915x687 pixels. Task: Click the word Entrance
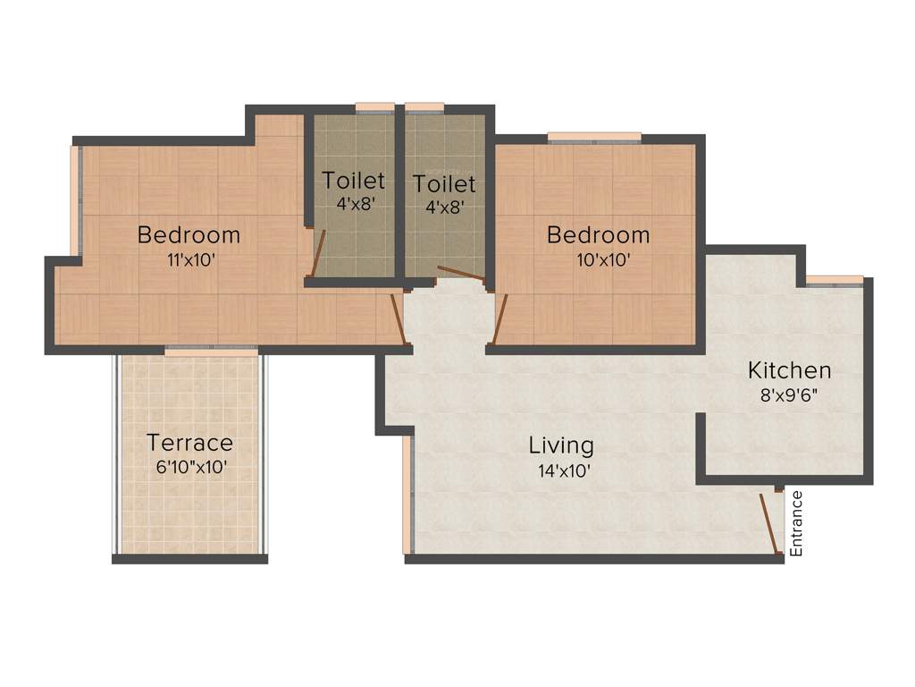(x=796, y=523)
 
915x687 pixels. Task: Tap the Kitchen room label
(x=789, y=370)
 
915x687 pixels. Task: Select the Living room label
(x=560, y=445)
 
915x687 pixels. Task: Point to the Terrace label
(x=189, y=443)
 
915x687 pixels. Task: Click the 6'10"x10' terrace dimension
(x=189, y=466)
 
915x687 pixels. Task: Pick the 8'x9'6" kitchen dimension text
(x=789, y=393)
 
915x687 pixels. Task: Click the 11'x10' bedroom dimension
(x=189, y=260)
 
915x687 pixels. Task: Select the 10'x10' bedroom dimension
(x=598, y=260)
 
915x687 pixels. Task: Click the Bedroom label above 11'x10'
(x=189, y=235)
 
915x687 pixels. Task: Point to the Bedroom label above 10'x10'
(x=598, y=235)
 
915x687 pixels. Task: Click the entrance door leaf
(x=769, y=523)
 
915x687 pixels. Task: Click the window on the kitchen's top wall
(x=835, y=280)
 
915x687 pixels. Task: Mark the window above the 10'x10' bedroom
(x=594, y=137)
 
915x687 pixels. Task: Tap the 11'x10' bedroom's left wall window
(x=75, y=199)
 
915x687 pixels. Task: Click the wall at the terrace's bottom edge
(x=189, y=559)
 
